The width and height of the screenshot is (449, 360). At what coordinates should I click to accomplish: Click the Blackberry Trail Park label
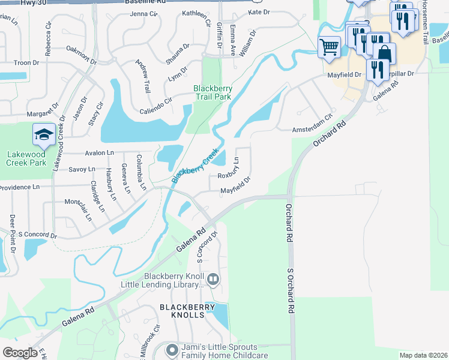tap(212, 93)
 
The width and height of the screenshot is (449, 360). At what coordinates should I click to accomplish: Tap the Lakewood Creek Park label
tap(26, 158)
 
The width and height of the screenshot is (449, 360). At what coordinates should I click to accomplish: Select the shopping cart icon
tap(329, 47)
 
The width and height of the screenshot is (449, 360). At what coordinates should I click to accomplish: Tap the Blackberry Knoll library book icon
tap(212, 279)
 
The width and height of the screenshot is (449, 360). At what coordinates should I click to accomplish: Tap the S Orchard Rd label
tap(292, 291)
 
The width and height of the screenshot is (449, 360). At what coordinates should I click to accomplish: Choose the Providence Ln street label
tap(19, 187)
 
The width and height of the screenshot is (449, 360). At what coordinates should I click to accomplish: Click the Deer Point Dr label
tap(12, 230)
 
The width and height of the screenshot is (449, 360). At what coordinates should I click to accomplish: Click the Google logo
tap(20, 353)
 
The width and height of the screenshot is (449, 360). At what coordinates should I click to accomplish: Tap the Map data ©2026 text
tap(423, 355)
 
